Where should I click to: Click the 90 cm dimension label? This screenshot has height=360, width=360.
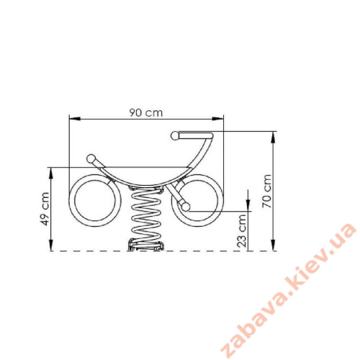point(146,112)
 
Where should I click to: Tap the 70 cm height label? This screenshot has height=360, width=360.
point(266,191)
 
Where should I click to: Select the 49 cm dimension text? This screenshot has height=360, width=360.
point(45,209)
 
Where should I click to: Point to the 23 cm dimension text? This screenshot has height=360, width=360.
point(242,231)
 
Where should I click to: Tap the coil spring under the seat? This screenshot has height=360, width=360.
point(146,214)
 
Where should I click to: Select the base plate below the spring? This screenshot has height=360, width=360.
point(146,247)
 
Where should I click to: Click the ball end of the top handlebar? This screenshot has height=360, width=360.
point(175,136)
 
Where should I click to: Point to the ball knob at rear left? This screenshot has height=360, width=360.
point(91,158)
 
